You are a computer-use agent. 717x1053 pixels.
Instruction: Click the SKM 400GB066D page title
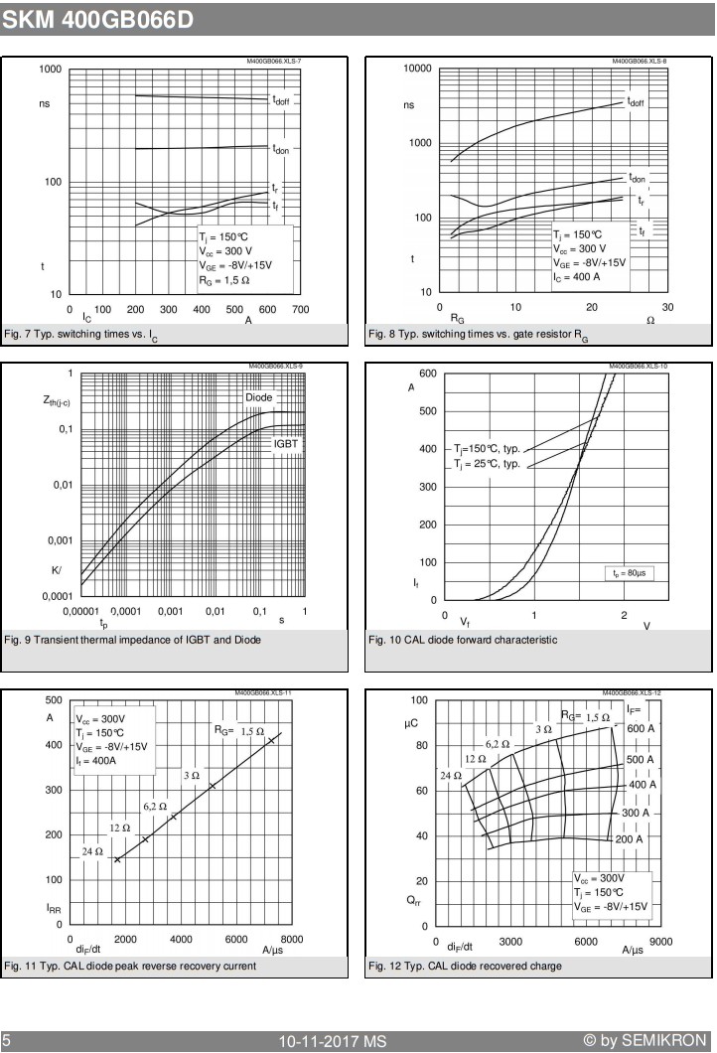pyautogui.click(x=97, y=20)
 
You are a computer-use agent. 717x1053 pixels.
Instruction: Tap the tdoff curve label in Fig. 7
pyautogui.click(x=281, y=100)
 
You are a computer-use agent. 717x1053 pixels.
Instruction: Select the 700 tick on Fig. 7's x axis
pyautogui.click(x=300, y=310)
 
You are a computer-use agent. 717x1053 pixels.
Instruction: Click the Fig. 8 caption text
pyautogui.click(x=478, y=335)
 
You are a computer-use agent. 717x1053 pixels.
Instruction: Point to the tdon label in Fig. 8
pyautogui.click(x=638, y=178)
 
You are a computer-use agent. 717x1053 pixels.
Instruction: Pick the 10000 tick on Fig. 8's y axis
pyautogui.click(x=417, y=69)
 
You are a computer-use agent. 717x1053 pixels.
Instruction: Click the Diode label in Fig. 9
pyautogui.click(x=258, y=397)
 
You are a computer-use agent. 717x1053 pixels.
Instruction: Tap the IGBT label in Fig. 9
pyautogui.click(x=285, y=444)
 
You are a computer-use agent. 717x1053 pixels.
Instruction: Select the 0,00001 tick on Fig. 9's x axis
pyautogui.click(x=80, y=611)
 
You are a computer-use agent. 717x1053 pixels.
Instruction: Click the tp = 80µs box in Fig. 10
pyautogui.click(x=629, y=573)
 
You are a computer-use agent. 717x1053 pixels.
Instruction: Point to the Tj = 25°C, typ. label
pyautogui.click(x=487, y=463)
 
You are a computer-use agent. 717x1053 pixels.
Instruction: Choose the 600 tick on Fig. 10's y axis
pyautogui.click(x=428, y=374)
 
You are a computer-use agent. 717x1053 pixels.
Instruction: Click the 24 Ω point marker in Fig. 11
pyautogui.click(x=117, y=859)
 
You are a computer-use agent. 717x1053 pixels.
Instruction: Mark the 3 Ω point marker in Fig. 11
pyautogui.click(x=212, y=786)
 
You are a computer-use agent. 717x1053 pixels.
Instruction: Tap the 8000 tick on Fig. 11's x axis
pyautogui.click(x=291, y=939)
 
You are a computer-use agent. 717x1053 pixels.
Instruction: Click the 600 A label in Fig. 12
pyautogui.click(x=640, y=728)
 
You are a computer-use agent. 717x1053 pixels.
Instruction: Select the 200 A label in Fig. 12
pyautogui.click(x=629, y=839)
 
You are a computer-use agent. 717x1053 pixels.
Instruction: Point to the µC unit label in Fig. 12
pyautogui.click(x=411, y=723)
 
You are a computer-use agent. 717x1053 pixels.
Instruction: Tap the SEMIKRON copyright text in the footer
pyautogui.click(x=645, y=1040)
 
